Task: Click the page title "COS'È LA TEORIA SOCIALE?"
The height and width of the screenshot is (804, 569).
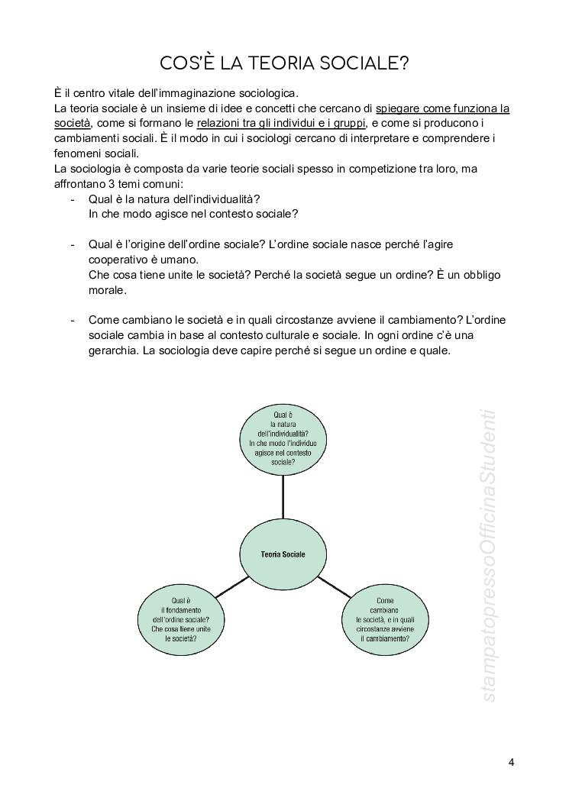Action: click(284, 63)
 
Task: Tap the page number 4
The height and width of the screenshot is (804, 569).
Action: click(511, 762)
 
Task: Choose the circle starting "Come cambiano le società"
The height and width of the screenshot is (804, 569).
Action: click(384, 618)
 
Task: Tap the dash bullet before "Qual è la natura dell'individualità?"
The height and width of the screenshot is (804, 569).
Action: click(72, 199)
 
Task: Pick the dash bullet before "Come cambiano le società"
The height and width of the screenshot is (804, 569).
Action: click(72, 321)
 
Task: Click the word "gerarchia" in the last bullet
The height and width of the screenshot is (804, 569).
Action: click(111, 351)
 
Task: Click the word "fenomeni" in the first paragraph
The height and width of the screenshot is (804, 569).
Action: click(76, 153)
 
